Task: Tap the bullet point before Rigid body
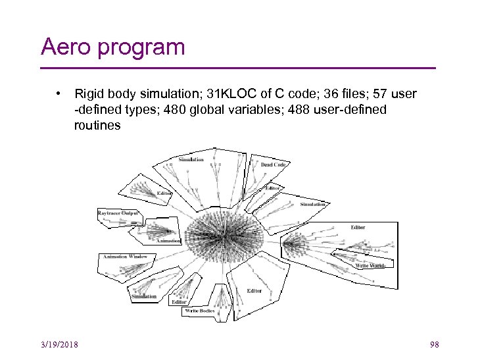[x=59, y=94]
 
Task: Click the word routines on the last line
[x=97, y=125]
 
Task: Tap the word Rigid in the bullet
[x=89, y=94]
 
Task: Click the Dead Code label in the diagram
[x=273, y=165]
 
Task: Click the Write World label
[x=369, y=266]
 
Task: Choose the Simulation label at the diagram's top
[x=191, y=159]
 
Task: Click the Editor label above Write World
[x=358, y=228]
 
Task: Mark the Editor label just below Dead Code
[x=272, y=188]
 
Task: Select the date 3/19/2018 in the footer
[x=59, y=345]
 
